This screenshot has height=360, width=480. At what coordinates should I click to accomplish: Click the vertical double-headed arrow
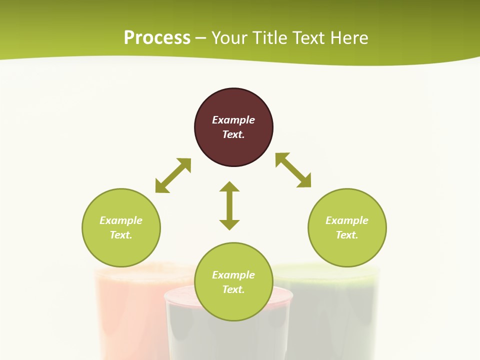point(229,205)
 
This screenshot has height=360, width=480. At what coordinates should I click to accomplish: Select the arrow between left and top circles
point(173,175)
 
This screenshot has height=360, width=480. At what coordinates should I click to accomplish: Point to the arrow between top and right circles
point(293,170)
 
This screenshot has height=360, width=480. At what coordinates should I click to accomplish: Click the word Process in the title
point(157,37)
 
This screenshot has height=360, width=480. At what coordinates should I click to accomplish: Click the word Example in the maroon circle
point(233,120)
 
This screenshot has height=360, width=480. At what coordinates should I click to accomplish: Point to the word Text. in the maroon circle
point(233,134)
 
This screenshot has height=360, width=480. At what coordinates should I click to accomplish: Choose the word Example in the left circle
point(121,220)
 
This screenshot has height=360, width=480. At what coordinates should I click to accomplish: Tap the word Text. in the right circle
point(347,235)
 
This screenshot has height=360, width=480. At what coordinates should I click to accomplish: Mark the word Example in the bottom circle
point(233,275)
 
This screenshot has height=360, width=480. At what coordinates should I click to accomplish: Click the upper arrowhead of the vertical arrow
point(229,187)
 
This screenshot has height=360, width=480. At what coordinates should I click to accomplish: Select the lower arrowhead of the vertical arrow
point(229,224)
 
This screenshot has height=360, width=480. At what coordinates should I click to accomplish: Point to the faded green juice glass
point(335,310)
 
